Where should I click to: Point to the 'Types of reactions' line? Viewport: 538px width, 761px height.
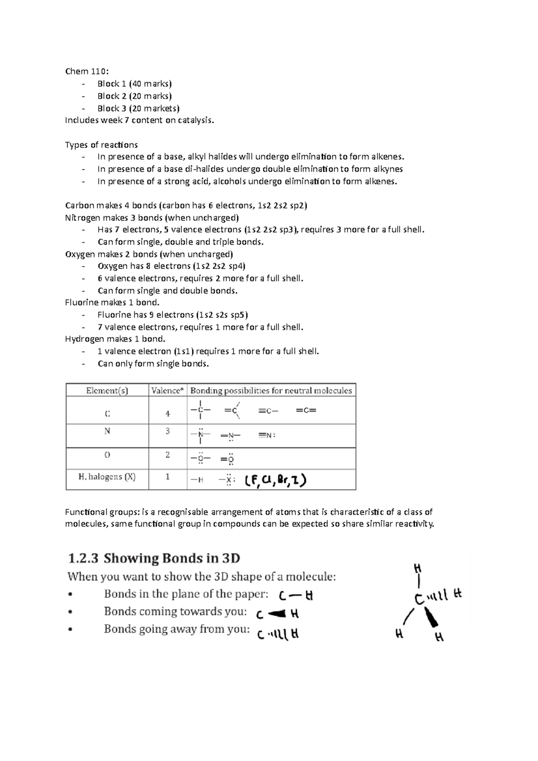[101, 145]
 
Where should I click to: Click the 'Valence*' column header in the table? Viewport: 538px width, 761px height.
[168, 390]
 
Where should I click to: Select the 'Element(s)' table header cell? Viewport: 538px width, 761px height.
[107, 390]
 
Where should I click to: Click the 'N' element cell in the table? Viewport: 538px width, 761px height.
[107, 431]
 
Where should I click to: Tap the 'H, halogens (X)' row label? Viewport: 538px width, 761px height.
[107, 477]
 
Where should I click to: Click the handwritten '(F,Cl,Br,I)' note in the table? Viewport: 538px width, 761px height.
[275, 481]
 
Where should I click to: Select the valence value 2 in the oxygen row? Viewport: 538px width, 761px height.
[168, 454]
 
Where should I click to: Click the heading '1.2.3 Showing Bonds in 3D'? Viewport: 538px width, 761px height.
[154, 558]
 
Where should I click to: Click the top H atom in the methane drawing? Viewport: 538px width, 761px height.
[418, 568]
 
